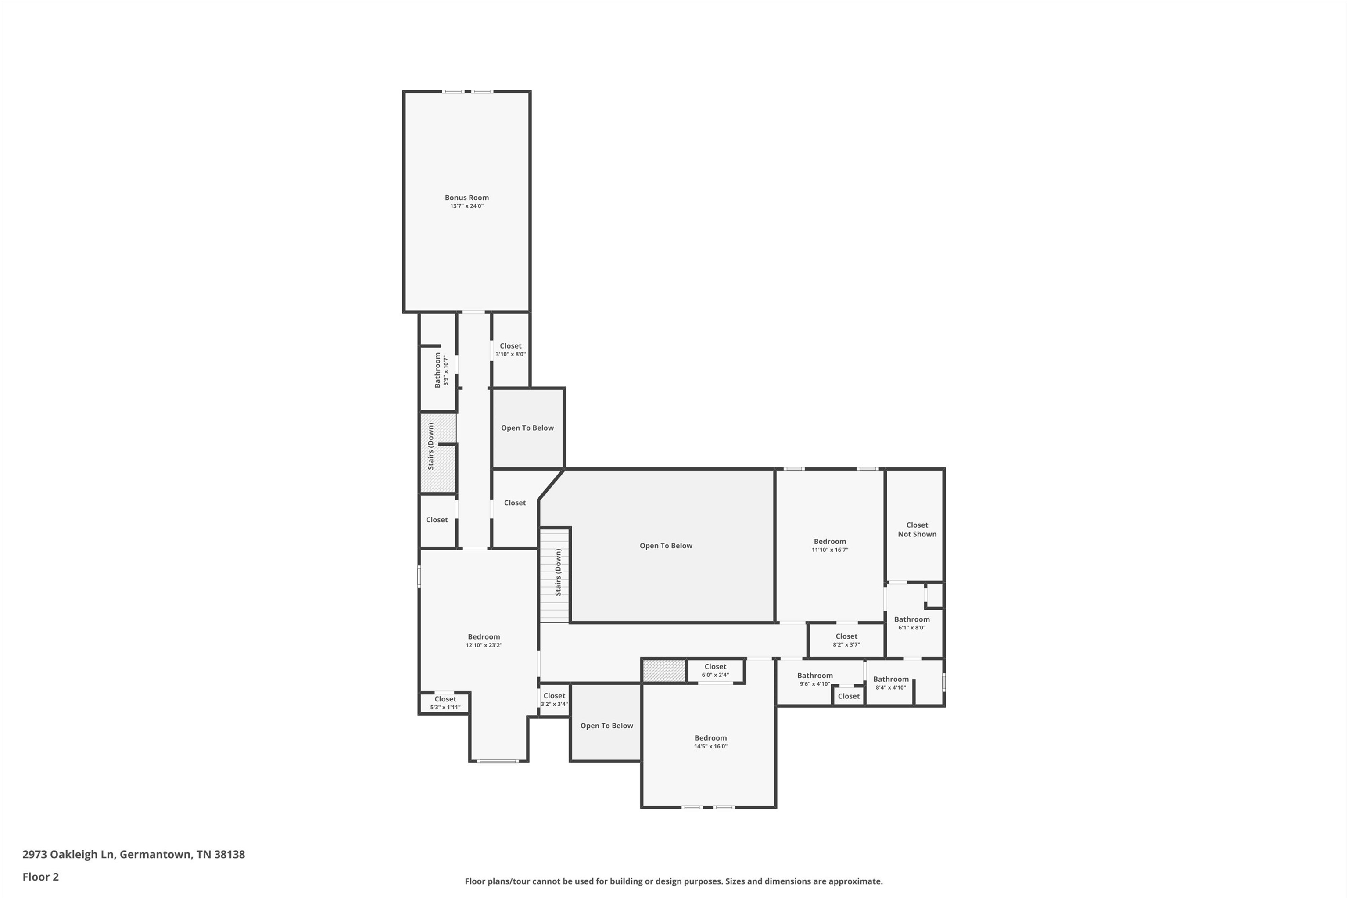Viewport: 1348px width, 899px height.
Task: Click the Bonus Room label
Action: (466, 197)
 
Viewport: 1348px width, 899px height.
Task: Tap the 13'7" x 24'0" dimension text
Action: (466, 206)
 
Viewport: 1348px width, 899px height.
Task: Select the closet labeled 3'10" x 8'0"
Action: (510, 350)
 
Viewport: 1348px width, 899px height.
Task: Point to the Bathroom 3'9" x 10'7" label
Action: (440, 370)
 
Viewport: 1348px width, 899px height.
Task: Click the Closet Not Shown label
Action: (917, 529)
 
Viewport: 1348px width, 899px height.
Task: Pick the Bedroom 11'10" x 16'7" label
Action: (830, 545)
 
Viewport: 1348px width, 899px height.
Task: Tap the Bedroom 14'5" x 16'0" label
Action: (711, 742)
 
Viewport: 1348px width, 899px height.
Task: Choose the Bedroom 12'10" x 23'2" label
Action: (484, 640)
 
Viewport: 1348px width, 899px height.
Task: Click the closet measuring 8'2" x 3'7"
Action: (846, 640)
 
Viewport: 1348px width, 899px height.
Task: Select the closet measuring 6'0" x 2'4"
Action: (715, 670)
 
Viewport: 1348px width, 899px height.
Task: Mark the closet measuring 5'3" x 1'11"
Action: (445, 703)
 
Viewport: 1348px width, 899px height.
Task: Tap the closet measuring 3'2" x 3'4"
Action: (554, 699)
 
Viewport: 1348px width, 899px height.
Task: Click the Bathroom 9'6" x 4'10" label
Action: (815, 680)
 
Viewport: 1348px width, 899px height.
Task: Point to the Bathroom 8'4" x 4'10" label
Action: (891, 683)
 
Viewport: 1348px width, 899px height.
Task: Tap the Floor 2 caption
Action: (41, 877)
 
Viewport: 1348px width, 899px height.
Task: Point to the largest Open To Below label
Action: (666, 546)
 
